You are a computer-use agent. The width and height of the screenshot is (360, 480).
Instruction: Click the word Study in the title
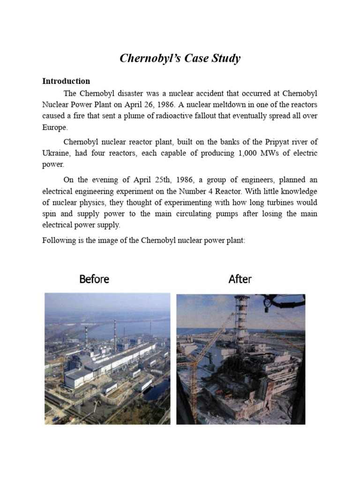pos(225,59)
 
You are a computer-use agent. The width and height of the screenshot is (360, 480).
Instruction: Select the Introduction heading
pos(66,81)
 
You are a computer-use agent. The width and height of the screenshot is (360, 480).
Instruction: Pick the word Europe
pos(54,127)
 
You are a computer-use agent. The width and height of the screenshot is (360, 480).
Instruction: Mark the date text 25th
pos(145,180)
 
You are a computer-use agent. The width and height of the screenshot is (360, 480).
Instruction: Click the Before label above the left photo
pos(94,279)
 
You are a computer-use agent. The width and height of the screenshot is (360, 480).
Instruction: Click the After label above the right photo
pos(240,279)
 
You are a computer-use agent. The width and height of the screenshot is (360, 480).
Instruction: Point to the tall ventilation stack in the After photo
pos(242,319)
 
